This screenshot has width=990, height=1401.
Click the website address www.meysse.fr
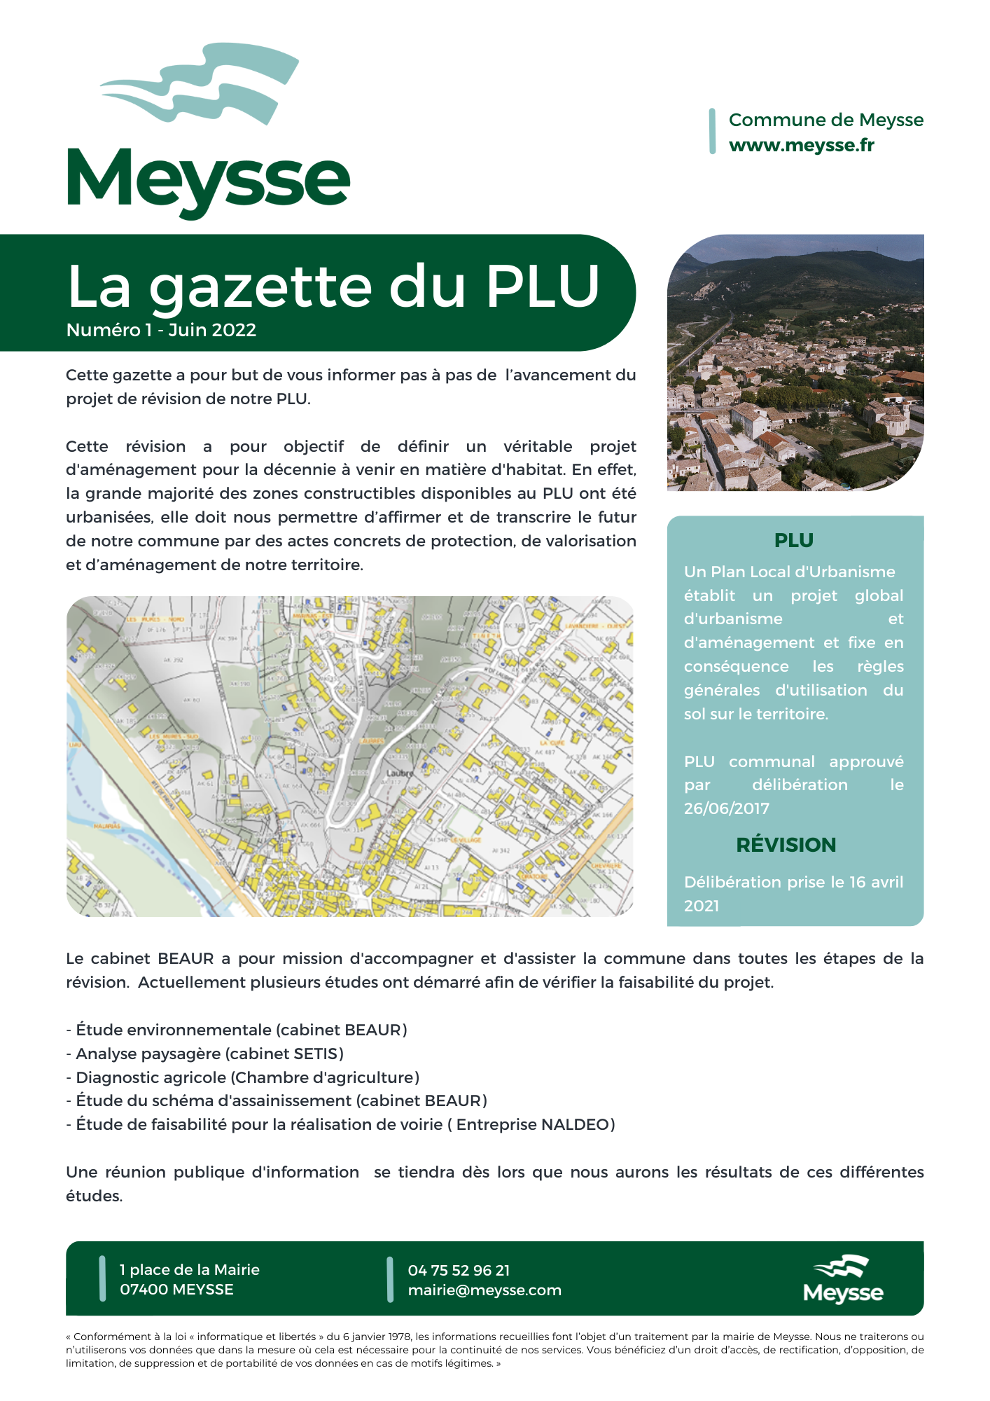pos(801,145)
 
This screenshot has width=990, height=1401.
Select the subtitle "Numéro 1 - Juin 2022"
pos(161,330)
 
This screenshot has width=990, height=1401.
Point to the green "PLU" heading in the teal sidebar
pos(793,540)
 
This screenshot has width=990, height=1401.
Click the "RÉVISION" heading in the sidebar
pos(786,845)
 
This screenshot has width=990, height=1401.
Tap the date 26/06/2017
pos(726,808)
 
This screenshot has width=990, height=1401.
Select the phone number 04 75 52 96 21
pos(459,1270)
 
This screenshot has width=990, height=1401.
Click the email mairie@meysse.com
pos(484,1290)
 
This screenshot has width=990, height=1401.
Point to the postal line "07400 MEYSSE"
pos(176,1290)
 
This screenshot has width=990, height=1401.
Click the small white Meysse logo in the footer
pos(843,1279)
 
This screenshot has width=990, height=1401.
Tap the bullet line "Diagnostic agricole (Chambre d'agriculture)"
pos(243,1077)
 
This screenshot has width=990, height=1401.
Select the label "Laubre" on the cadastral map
pos(400,773)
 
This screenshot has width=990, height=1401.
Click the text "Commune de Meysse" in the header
pos(825,120)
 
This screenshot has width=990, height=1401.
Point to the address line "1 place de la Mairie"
pos(189,1269)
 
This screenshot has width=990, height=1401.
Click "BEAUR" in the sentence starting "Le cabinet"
pos(186,958)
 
